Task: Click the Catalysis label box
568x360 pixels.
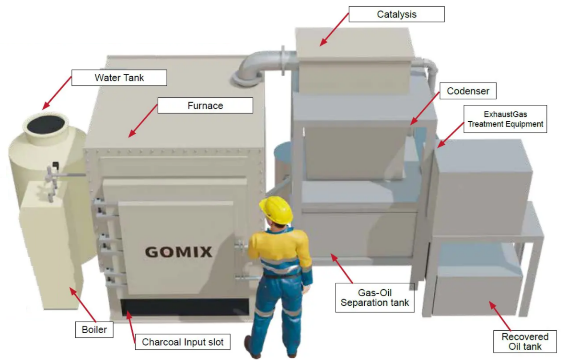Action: [x=396, y=14]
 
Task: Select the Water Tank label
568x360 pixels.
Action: [x=119, y=78]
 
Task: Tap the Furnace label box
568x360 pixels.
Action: [x=205, y=105]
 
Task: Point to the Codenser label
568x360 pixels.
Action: [x=468, y=91]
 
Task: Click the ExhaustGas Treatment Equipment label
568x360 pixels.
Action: [x=505, y=119]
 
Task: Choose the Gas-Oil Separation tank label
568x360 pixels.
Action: [x=374, y=297]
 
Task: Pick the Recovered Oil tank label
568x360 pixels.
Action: [x=524, y=341]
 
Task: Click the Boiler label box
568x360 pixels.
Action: [x=94, y=330]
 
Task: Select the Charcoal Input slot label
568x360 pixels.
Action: [x=183, y=342]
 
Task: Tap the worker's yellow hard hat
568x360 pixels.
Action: [x=276, y=209]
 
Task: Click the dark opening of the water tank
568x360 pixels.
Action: [x=46, y=125]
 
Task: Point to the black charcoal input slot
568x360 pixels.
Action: [x=185, y=307]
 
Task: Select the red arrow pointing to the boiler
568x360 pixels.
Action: [x=83, y=304]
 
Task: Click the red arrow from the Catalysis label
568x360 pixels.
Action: [x=334, y=30]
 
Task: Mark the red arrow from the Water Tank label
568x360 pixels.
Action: [x=57, y=93]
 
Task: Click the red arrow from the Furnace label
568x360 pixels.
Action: [x=143, y=121]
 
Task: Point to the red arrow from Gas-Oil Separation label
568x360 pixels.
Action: [x=341, y=268]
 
